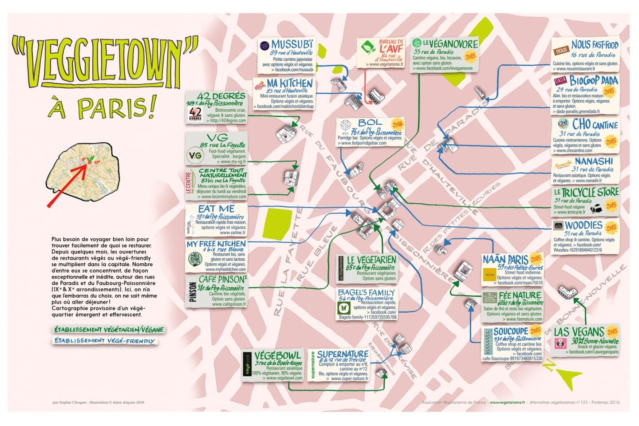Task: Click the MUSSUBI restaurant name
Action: tap(292, 44)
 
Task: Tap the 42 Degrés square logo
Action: tap(195, 114)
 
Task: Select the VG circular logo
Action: tap(195, 155)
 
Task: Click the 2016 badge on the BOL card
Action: tap(397, 124)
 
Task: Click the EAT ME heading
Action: tap(216, 209)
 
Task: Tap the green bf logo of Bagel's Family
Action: tap(344, 308)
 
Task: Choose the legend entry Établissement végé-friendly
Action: tap(105, 341)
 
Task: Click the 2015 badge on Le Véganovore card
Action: tap(470, 56)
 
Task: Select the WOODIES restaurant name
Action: tap(583, 225)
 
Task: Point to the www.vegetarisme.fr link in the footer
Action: tap(507, 402)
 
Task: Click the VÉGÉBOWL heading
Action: tap(277, 355)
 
